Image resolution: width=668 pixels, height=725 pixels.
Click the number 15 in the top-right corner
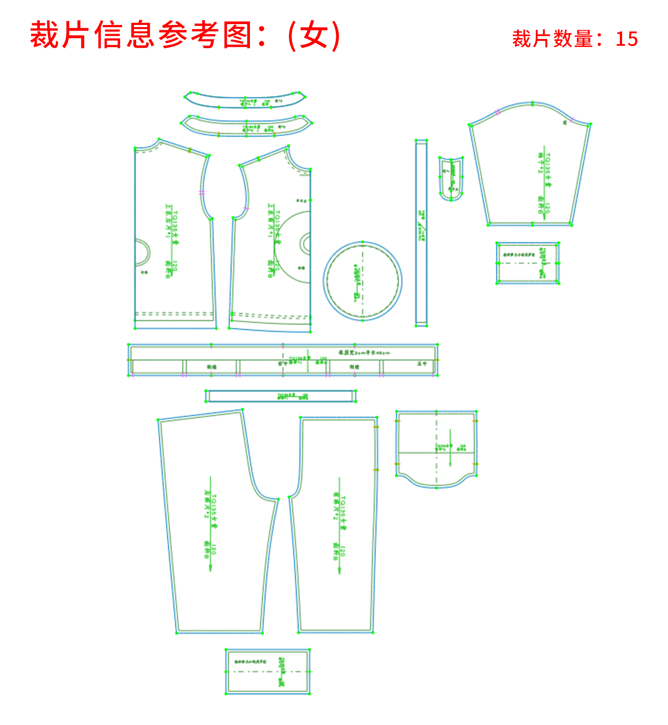coord(626,39)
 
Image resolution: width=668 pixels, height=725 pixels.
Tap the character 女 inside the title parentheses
coord(314,35)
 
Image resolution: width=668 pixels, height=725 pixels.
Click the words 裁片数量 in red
coord(552,39)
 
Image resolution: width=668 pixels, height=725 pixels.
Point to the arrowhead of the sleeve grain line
coord(545,212)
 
